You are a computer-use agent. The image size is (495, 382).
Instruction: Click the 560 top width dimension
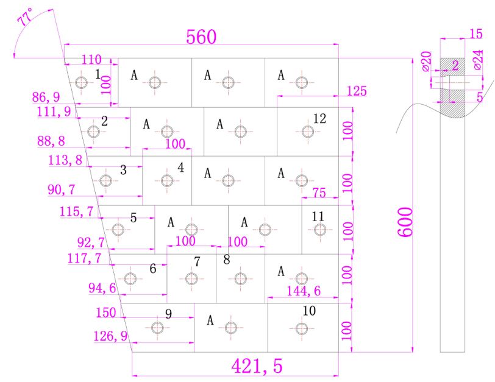tap(201, 37)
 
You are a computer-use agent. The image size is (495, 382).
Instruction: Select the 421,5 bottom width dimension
tap(257, 366)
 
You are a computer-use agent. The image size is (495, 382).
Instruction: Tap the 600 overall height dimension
tap(405, 222)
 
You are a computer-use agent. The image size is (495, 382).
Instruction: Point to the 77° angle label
tap(25, 17)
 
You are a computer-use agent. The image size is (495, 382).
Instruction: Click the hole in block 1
tap(82, 83)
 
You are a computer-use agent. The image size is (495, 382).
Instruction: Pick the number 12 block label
tap(319, 119)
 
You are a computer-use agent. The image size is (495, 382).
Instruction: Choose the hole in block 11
tap(320, 230)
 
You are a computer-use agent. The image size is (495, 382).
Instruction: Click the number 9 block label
tap(169, 314)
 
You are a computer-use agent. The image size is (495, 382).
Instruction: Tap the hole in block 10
tap(302, 328)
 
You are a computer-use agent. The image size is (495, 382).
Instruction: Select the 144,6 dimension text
tap(304, 291)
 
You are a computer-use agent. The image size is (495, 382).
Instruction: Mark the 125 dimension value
tap(357, 91)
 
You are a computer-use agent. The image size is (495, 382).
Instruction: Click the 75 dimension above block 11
tap(319, 193)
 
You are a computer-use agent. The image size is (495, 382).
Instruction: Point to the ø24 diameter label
tap(479, 60)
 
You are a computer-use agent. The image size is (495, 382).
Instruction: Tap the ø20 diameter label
tap(427, 61)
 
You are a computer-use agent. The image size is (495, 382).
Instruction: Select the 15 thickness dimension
tap(476, 34)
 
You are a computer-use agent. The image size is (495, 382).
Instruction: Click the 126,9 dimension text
tap(110, 336)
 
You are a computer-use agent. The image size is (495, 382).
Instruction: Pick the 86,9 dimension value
tap(46, 97)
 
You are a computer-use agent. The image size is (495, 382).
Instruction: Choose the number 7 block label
tap(197, 261)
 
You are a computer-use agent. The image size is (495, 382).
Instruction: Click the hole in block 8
tap(241, 279)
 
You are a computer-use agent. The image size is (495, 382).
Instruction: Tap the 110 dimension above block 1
tap(91, 60)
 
